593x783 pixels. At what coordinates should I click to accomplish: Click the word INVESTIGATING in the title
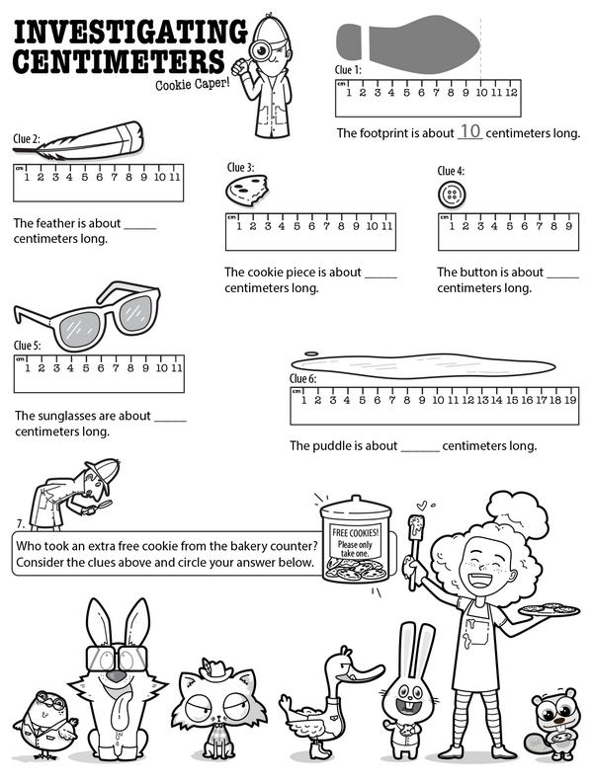point(130,33)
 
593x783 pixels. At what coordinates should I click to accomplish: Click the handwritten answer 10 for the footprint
point(470,131)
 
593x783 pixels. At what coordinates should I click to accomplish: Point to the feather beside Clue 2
point(95,139)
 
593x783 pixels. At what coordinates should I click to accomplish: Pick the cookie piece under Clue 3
point(244,188)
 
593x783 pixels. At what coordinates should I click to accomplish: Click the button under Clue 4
point(451,195)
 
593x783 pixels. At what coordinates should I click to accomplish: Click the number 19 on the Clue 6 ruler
point(569,400)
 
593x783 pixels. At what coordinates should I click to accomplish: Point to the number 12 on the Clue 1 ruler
point(510,93)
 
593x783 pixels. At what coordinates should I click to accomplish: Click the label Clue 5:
point(27,346)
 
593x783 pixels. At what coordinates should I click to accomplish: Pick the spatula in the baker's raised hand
point(417,527)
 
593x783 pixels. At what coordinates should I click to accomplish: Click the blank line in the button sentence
point(561,273)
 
